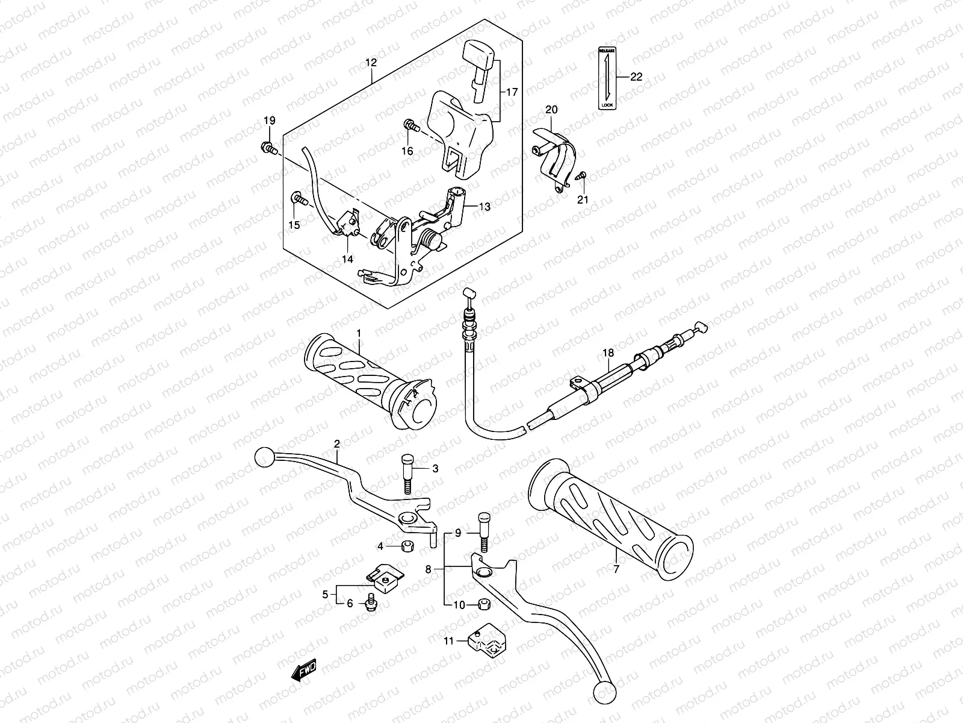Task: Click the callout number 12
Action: click(x=371, y=63)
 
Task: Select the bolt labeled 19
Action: click(x=283, y=146)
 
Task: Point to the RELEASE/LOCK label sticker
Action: click(x=607, y=78)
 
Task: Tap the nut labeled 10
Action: click(x=482, y=603)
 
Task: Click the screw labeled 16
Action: click(x=412, y=125)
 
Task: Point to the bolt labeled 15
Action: click(x=299, y=197)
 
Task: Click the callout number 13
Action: click(x=485, y=207)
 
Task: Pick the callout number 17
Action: click(x=512, y=92)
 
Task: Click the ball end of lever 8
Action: click(x=604, y=692)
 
